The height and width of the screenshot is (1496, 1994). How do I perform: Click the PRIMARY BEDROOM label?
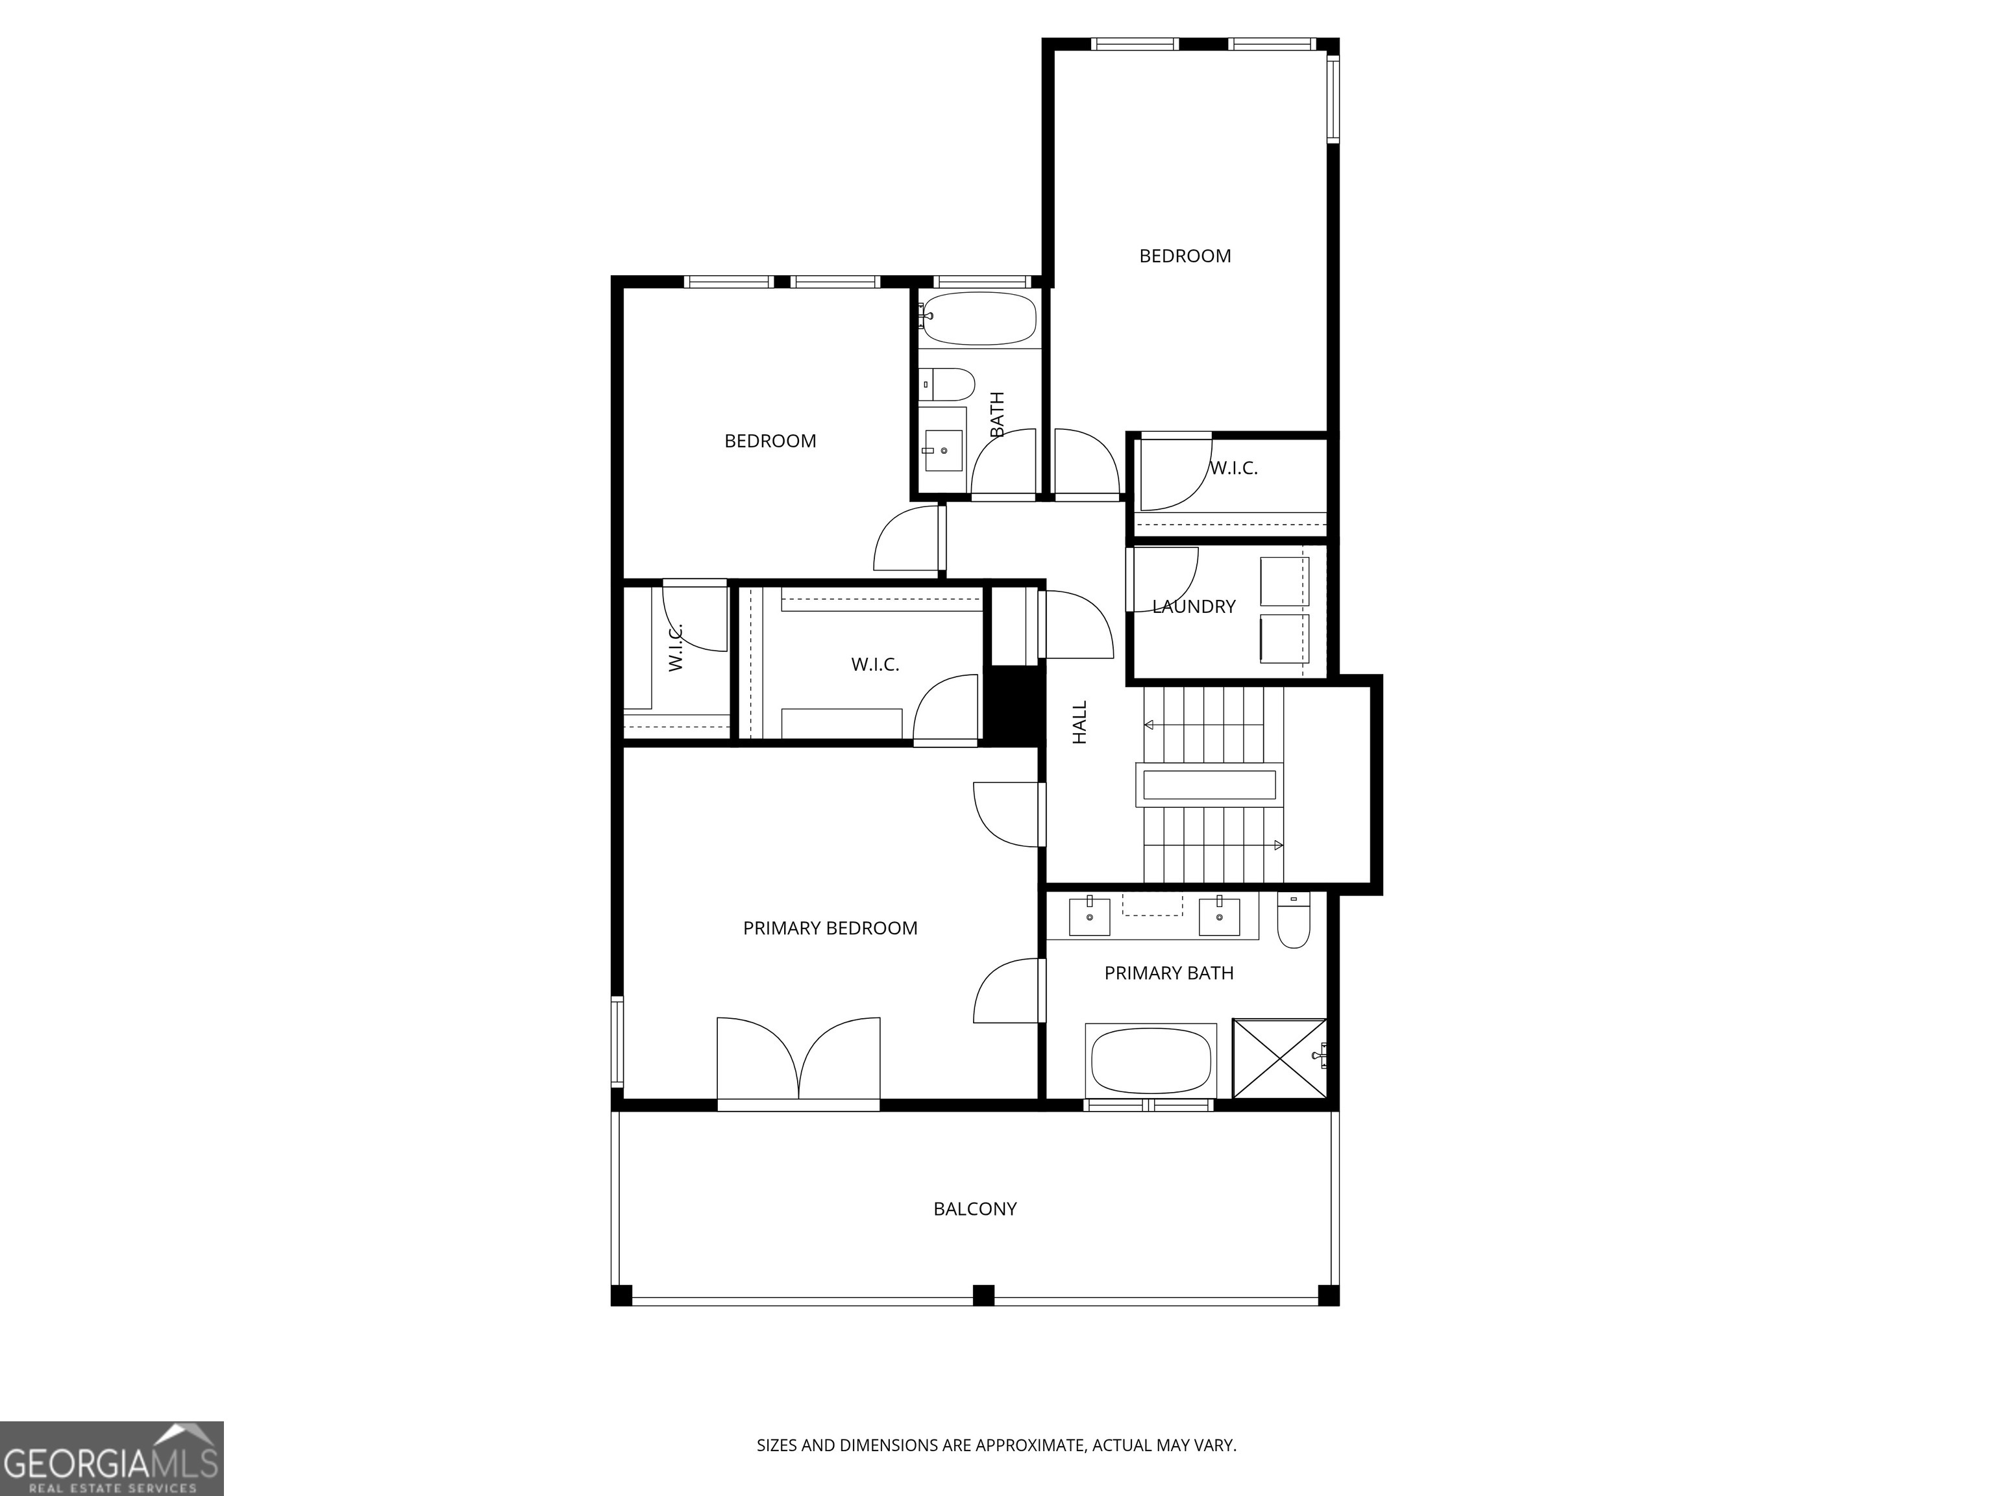(830, 928)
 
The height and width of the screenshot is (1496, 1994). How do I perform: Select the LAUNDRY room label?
(1194, 607)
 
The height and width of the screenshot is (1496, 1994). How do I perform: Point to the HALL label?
(1080, 722)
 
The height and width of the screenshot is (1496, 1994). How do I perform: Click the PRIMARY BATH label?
(1168, 973)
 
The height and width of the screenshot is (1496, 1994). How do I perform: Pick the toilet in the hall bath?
(948, 385)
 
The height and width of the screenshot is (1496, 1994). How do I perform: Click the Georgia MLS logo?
(111, 1458)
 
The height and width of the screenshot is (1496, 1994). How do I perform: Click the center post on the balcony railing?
(983, 1295)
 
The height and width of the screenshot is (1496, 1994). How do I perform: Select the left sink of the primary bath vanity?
(1090, 916)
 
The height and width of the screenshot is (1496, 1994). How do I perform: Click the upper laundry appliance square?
(1284, 582)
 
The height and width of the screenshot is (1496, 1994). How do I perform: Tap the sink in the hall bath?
(944, 449)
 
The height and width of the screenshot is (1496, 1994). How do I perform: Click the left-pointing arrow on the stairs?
(1151, 725)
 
